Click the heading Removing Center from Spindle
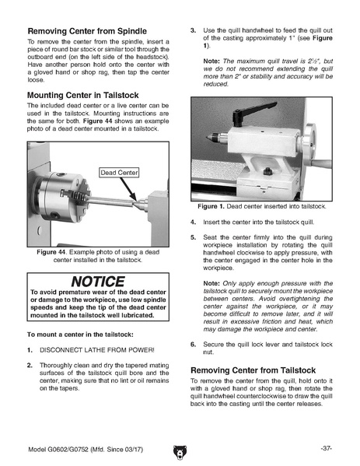click(87, 31)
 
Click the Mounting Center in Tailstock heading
click(83, 95)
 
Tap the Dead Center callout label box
click(119, 173)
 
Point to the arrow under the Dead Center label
click(128, 189)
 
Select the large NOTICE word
click(98, 282)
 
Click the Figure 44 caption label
click(51, 252)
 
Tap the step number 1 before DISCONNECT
click(30, 350)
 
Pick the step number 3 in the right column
click(193, 30)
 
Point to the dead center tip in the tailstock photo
click(208, 138)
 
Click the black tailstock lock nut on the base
click(267, 171)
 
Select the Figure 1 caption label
click(211, 207)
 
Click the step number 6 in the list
click(193, 345)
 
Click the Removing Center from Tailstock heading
click(253, 370)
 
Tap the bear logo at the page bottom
click(180, 452)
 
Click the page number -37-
click(326, 448)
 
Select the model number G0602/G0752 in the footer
click(68, 450)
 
